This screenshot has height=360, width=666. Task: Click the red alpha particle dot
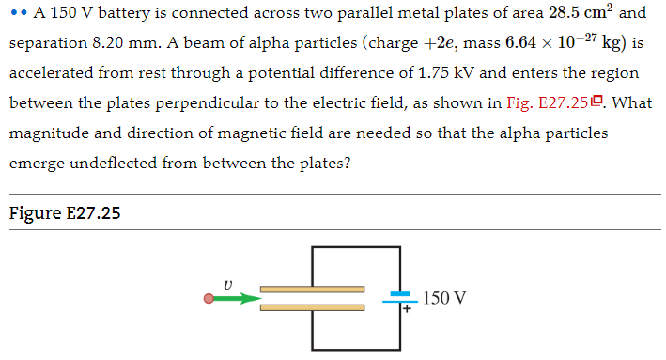coord(209,300)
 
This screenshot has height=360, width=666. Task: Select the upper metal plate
coord(312,290)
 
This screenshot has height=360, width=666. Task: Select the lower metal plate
coord(312,307)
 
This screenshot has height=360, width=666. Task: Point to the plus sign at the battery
coord(408,307)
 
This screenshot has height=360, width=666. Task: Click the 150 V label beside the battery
coord(444,299)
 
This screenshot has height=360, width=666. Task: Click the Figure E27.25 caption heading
coord(65,213)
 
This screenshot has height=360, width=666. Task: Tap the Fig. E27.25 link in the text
coord(554,102)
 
